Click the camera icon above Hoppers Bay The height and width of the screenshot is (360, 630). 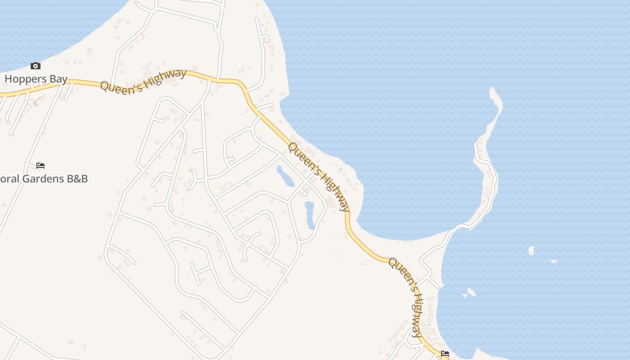[x=36, y=66]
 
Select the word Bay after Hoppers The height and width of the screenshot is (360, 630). [x=59, y=79]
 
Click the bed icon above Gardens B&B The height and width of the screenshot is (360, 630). [x=40, y=165]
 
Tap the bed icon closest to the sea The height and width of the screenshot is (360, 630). [x=445, y=354]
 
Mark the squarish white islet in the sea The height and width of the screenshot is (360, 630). [x=531, y=250]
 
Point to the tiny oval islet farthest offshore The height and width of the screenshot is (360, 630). [x=554, y=261]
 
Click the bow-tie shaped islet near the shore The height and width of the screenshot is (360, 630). [x=469, y=293]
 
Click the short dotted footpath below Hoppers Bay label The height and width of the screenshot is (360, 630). [x=38, y=100]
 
